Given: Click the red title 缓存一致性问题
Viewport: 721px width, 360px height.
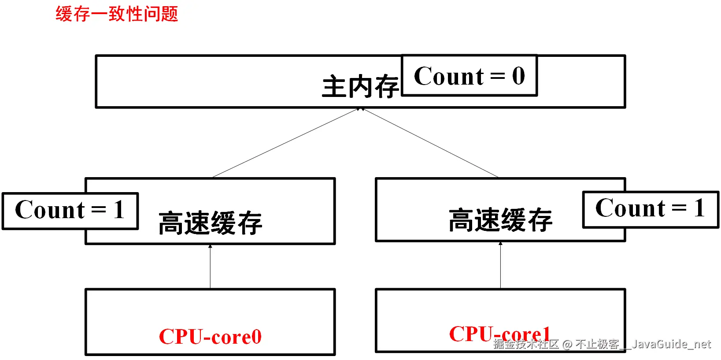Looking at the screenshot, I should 117,14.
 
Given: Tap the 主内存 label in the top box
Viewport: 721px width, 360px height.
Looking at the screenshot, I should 360,87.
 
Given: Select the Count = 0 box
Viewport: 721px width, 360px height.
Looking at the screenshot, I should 470,75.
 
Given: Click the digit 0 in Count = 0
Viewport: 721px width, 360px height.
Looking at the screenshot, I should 518,76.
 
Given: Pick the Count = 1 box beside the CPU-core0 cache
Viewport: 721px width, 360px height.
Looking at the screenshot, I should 70,211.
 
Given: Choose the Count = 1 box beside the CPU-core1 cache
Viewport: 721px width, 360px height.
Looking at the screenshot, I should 650,209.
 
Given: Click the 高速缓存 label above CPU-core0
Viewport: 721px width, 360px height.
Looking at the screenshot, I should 210,223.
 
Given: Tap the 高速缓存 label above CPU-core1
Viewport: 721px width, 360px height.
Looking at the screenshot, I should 500,220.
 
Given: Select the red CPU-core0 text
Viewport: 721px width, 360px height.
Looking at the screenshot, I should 210,337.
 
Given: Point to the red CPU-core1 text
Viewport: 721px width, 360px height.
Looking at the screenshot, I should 499,334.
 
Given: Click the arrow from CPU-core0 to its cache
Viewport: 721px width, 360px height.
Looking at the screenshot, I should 210,267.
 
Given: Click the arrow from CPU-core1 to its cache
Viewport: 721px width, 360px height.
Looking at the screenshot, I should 500,265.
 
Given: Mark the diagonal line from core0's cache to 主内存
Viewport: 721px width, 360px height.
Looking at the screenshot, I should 286,143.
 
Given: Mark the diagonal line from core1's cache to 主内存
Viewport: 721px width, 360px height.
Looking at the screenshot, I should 431,143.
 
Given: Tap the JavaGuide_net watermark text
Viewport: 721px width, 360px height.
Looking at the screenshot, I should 671,344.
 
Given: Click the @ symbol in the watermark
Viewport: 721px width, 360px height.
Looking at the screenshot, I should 567,344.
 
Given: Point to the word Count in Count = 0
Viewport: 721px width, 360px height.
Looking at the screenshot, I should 449,76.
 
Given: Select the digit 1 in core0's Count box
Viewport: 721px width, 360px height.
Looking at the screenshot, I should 118,210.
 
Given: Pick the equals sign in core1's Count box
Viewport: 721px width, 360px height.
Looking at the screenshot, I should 679,208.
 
